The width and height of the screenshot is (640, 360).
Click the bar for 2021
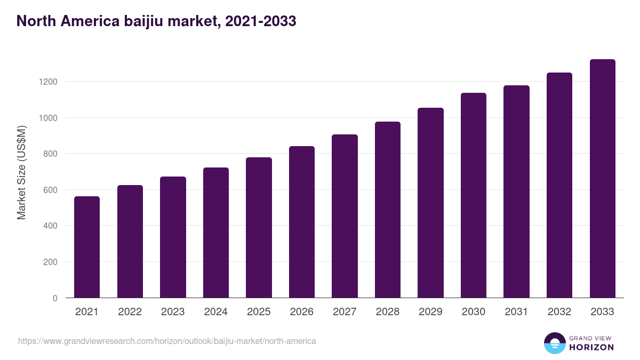[87, 247]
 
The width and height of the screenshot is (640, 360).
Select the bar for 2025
[259, 228]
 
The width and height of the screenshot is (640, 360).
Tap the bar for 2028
[388, 210]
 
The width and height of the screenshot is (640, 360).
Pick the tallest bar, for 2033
[602, 179]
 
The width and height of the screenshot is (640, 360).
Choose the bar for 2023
[173, 237]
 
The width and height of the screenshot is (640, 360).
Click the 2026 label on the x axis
[302, 312]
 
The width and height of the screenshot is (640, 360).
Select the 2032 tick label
[559, 312]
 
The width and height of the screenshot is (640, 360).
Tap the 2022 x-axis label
[130, 312]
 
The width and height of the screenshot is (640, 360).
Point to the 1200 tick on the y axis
[47, 82]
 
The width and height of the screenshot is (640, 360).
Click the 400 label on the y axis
[51, 226]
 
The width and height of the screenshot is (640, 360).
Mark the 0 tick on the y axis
[55, 298]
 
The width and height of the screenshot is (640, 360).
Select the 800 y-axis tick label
[51, 154]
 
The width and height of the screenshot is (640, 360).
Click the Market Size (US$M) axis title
[21, 173]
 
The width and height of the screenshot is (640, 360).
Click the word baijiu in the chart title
[144, 21]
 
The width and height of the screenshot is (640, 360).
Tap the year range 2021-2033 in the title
[261, 21]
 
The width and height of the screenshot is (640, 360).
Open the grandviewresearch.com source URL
[167, 341]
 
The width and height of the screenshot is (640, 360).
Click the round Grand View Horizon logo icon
[554, 343]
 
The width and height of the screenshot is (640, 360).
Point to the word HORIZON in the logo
[591, 347]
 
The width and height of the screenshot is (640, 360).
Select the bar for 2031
[516, 191]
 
